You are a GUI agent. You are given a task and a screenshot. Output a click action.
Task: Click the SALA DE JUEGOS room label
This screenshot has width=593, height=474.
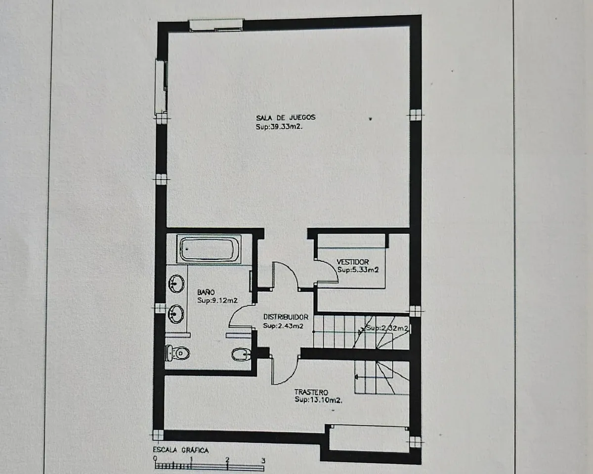coord(286,118)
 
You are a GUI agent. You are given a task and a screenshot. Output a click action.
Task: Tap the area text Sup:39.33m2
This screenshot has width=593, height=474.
coord(279,127)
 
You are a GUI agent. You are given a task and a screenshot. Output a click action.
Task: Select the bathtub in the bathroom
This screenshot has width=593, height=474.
coord(209,249)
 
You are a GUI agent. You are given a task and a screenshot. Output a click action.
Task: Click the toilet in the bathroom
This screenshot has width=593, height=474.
coord(178,353)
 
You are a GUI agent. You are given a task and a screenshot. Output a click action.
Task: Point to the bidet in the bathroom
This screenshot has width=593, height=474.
coord(241,355)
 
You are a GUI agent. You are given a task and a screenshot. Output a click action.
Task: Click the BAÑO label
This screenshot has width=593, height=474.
coord(206,292)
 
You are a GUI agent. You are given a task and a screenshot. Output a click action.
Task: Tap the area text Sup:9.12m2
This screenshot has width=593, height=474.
coord(217,301)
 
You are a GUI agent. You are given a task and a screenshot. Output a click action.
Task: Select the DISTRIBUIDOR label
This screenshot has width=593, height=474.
coord(286,317)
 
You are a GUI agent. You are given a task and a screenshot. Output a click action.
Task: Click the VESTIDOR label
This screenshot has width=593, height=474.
coord(353,262)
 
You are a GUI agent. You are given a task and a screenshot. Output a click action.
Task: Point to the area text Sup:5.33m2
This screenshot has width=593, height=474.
coord(358,270)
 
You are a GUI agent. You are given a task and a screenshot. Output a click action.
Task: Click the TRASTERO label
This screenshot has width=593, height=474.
coord(311,392)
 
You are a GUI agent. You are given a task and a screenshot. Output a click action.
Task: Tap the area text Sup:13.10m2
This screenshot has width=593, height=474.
coord(319,400)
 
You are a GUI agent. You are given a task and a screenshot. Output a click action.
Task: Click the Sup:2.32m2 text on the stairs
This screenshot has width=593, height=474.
coord(387,328)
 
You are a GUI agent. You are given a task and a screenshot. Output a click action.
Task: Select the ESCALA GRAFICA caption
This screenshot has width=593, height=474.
coord(181,450)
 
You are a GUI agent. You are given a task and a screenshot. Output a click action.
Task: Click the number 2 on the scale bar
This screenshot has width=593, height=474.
coord(227,459)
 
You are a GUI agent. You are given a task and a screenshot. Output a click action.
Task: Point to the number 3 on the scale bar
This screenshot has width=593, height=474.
coord(263,461)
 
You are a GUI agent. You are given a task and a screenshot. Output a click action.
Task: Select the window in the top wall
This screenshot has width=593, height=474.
coord(216,25)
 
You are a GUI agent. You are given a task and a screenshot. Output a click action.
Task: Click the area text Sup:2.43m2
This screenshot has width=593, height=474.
coord(283,326)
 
